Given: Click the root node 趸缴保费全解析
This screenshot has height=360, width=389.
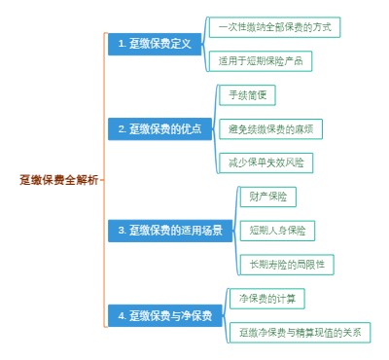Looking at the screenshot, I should (x=59, y=180).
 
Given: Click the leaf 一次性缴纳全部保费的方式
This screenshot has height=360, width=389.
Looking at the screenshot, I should (x=275, y=26).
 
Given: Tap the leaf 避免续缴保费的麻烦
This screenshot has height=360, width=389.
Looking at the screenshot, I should (x=270, y=128).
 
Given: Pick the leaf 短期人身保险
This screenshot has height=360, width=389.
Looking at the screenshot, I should (x=277, y=231).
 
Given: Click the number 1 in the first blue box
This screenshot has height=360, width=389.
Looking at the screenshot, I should (x=120, y=44).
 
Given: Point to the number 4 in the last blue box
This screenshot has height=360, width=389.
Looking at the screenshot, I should (x=121, y=315).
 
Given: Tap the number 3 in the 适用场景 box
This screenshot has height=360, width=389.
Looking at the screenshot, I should (x=121, y=231).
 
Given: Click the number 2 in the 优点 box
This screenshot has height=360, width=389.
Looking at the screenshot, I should (x=121, y=128).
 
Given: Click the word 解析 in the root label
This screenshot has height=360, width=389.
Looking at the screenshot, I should (x=88, y=180).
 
